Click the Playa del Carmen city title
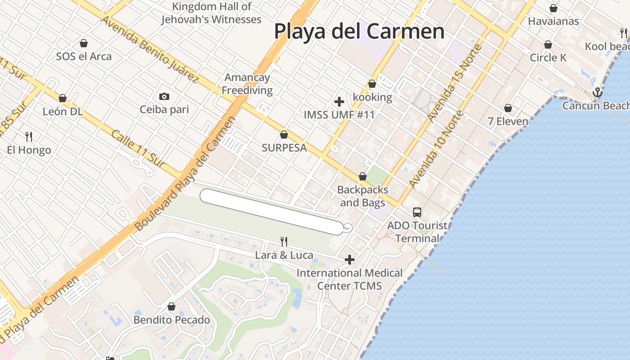359,31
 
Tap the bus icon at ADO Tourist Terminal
417,212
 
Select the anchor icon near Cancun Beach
597,92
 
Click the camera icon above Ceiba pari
164,96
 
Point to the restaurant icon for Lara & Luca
284,242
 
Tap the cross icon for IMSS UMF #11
339,102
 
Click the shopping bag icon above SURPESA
284,135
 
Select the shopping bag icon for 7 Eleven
508,108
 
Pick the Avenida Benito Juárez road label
149,49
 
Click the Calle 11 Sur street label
138,149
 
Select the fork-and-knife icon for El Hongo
29,136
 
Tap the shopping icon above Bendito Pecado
171,307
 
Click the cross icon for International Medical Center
350,260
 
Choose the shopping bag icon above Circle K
548,45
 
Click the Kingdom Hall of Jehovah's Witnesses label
211,13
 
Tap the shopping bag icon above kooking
372,84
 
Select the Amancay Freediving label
247,84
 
